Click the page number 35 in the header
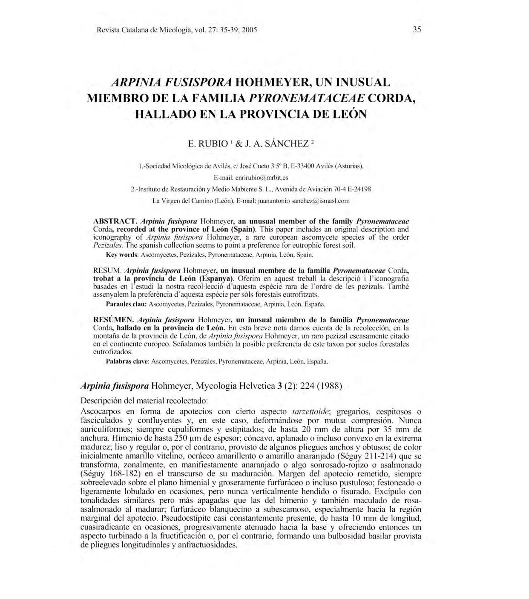(x=417, y=30)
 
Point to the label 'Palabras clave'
(x=126, y=361)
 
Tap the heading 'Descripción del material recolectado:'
(x=144, y=401)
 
